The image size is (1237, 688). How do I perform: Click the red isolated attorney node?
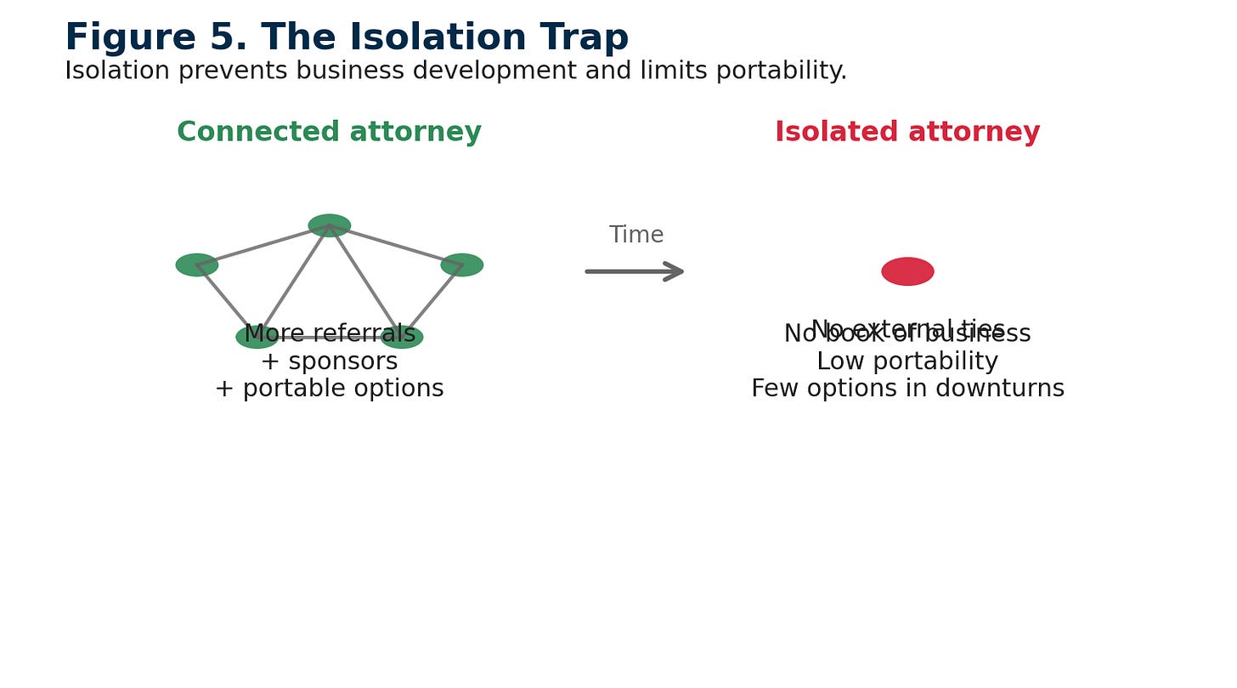click(907, 271)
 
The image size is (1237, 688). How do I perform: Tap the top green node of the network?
click(330, 225)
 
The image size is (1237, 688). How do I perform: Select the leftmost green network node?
click(197, 264)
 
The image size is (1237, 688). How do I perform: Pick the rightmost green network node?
click(462, 264)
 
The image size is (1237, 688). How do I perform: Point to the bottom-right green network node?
click(403, 338)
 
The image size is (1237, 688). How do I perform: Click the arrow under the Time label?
click(635, 271)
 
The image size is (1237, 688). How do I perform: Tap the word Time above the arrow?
click(636, 236)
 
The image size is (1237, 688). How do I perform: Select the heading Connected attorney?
click(329, 133)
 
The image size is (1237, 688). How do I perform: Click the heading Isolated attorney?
click(907, 133)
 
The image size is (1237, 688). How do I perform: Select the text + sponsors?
click(329, 361)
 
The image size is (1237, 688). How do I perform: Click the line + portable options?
click(329, 389)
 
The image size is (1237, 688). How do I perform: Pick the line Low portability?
click(907, 361)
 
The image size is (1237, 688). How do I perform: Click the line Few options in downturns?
click(907, 389)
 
